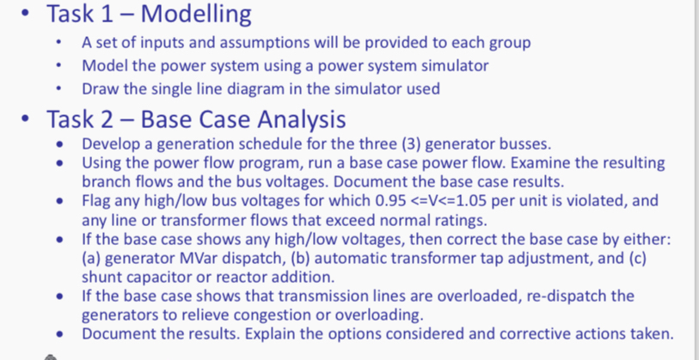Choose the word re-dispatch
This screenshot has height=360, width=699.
pyautogui.click(x=555, y=296)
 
